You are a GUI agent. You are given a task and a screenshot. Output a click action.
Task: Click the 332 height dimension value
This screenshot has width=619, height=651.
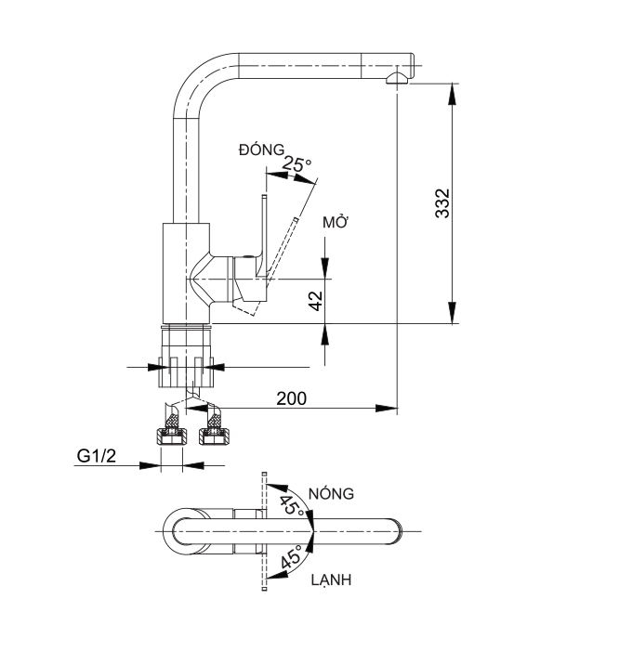point(443,203)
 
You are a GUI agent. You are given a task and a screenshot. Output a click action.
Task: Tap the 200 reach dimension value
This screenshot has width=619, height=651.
point(292,397)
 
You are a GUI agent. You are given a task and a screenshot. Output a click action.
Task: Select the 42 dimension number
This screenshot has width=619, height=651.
point(314,300)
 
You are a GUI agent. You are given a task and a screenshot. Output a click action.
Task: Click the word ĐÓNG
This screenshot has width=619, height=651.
point(260,150)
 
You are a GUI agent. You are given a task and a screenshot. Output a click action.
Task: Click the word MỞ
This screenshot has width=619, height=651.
point(335,223)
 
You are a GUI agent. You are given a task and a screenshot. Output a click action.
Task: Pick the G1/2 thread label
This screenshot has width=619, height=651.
point(97,456)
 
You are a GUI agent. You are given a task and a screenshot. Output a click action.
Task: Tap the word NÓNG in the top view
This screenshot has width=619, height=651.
point(332,494)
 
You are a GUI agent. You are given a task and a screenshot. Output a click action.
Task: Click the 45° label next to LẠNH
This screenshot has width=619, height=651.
point(291,560)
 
